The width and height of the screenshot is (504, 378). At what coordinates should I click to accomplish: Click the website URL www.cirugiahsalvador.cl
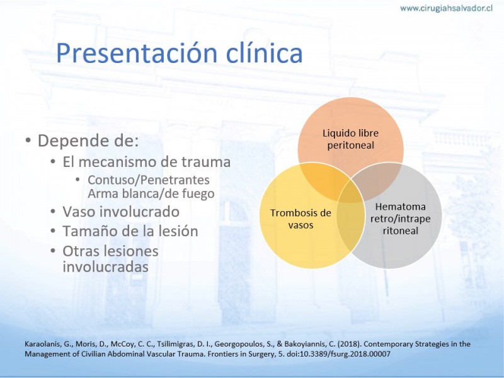point(446,8)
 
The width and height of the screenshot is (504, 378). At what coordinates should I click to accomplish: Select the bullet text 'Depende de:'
point(88,140)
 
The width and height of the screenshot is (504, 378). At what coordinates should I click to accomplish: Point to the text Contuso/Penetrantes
point(149,180)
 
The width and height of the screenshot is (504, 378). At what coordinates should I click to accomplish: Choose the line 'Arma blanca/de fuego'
point(151,193)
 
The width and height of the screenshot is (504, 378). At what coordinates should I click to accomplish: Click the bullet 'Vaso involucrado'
point(121,212)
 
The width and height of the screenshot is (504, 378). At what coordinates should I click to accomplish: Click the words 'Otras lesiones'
point(111,251)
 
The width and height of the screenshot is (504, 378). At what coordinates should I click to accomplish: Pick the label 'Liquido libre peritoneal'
point(351,139)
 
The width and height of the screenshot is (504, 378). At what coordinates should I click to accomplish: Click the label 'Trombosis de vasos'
point(301,219)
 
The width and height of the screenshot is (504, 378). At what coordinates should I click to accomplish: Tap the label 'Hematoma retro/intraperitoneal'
point(401,219)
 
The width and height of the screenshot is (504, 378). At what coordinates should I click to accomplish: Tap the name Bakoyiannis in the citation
point(309,344)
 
